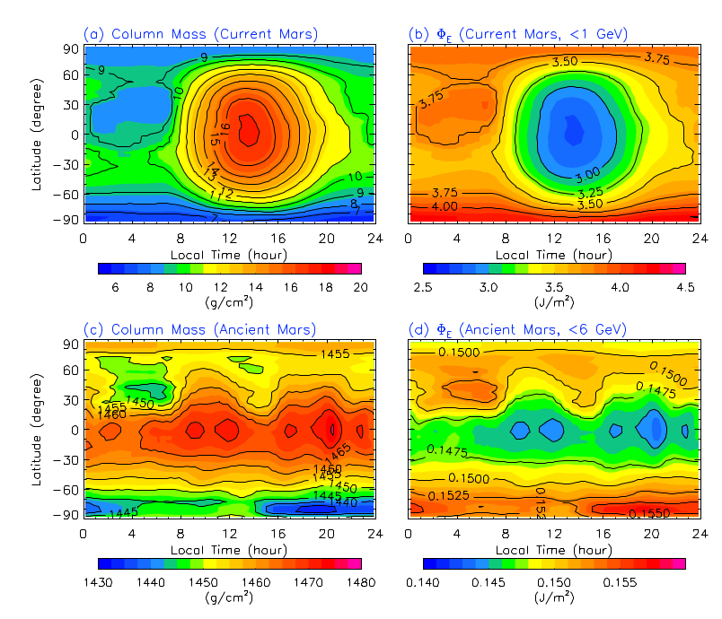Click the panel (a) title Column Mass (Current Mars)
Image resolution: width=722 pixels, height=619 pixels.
pos(201,34)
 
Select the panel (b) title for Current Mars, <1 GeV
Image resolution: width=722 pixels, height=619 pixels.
pos(518,34)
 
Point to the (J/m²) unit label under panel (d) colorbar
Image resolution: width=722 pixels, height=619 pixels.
pos(552,597)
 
